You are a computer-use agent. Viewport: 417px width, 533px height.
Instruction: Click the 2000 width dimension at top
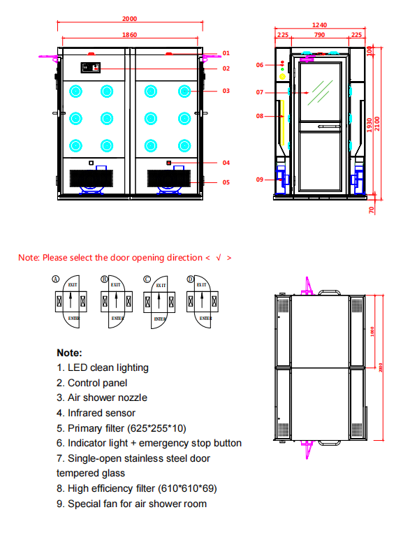click(x=130, y=19)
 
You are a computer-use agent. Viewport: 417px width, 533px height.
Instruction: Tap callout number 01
click(x=226, y=53)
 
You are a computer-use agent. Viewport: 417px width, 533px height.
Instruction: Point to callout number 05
click(x=226, y=182)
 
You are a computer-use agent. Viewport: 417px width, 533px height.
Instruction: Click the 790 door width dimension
click(x=319, y=34)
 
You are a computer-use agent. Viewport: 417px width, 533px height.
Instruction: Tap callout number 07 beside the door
click(x=259, y=92)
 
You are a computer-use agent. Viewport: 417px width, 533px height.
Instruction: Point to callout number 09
click(x=259, y=180)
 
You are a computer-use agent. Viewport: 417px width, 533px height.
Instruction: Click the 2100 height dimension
click(x=379, y=122)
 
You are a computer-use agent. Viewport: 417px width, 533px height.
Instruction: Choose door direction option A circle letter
click(x=56, y=279)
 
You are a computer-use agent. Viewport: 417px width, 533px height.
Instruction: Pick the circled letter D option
click(x=190, y=279)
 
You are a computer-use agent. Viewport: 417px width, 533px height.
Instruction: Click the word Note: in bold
click(x=69, y=353)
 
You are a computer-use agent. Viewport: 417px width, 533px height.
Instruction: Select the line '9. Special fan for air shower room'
click(x=131, y=504)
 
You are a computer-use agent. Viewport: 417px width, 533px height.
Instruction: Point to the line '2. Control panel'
click(x=92, y=383)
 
